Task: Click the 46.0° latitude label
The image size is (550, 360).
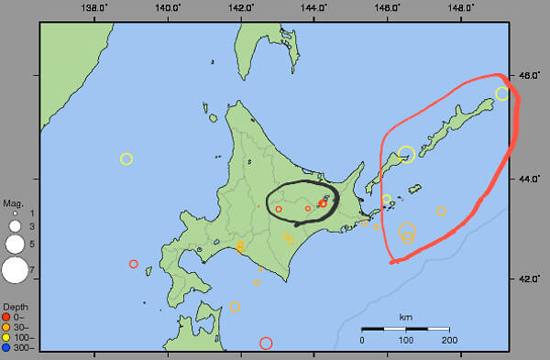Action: pyautogui.click(x=529, y=76)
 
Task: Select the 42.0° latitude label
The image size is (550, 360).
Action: pyautogui.click(x=529, y=278)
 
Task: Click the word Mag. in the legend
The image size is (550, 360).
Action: pyautogui.click(x=13, y=202)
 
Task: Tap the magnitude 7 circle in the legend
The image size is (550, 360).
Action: pyautogui.click(x=15, y=270)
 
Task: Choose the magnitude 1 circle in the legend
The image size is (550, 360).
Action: pyautogui.click(x=15, y=213)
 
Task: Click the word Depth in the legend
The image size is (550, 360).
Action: pyautogui.click(x=16, y=306)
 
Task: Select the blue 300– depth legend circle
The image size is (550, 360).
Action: pyautogui.click(x=7, y=348)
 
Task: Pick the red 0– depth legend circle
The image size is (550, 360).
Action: pyautogui.click(x=7, y=316)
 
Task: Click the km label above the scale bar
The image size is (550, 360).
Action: pyautogui.click(x=404, y=317)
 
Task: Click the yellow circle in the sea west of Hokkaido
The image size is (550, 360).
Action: pyautogui.click(x=126, y=158)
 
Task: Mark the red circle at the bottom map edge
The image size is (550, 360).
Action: pyautogui.click(x=266, y=344)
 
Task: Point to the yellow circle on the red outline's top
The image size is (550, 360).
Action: pyautogui.click(x=501, y=93)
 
